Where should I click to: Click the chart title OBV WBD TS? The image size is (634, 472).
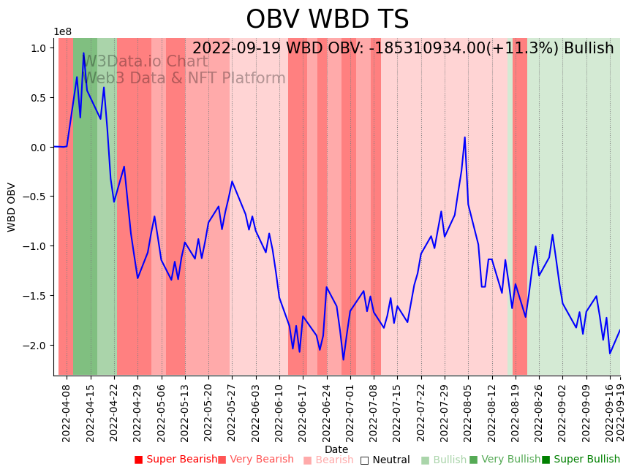(327, 20)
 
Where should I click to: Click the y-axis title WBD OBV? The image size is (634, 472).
(12, 207)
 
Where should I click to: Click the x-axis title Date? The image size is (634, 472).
(336, 449)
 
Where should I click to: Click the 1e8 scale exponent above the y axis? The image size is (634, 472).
(62, 31)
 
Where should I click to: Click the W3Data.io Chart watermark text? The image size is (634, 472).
(146, 61)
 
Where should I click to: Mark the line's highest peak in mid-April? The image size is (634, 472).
(84, 53)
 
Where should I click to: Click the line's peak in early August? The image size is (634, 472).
(464, 137)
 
